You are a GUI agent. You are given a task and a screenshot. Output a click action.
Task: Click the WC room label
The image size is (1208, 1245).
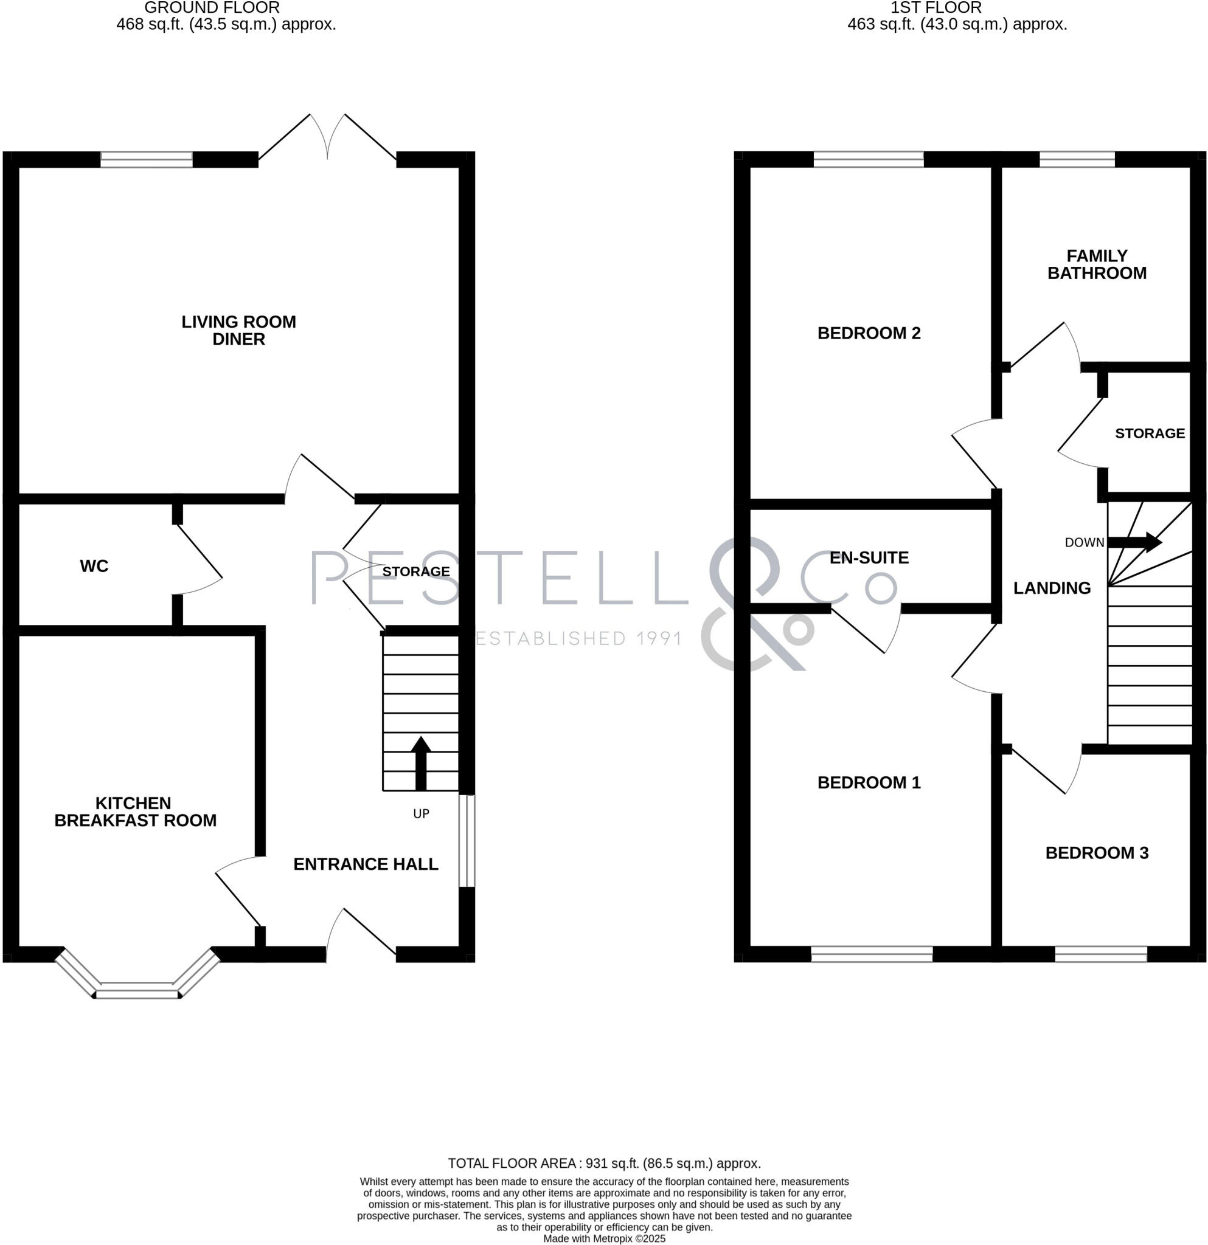point(94,566)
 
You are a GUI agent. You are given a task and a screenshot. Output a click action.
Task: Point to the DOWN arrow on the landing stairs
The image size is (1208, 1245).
point(1134,542)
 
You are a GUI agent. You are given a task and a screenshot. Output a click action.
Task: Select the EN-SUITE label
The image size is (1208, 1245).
point(869,557)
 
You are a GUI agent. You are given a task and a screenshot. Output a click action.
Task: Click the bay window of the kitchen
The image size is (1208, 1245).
point(137,989)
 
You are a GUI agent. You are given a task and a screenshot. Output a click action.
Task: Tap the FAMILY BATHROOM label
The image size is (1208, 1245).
point(1096,264)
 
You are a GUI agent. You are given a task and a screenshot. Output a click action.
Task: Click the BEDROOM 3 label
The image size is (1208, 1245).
point(1096,852)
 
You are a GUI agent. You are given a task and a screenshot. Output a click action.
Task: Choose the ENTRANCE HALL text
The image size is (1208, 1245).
point(366,864)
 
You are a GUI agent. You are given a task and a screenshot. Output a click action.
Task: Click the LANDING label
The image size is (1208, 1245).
point(1052,588)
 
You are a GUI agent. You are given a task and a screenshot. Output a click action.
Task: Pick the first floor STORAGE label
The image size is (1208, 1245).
point(1150,433)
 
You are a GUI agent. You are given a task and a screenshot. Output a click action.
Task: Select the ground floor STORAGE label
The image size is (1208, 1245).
point(415,571)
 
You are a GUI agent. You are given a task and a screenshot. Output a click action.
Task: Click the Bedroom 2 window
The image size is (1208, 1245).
point(868,159)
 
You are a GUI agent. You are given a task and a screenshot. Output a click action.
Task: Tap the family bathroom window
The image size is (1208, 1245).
point(1077,159)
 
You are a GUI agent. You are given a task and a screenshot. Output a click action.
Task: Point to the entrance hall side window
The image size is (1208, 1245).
point(467,840)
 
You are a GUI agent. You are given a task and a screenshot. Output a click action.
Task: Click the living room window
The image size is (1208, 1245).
point(146,159)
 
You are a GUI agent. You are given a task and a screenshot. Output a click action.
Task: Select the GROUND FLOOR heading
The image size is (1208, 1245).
point(212,8)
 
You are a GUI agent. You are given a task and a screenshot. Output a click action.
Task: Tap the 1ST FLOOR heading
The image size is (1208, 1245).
point(936,8)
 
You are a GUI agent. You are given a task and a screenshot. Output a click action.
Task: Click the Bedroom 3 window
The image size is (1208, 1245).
point(1100,954)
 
